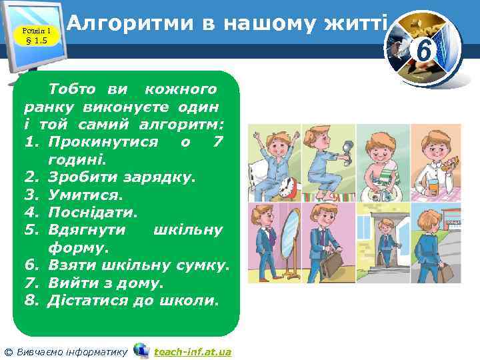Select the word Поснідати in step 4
point(93,213)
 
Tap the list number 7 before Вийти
point(30,283)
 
